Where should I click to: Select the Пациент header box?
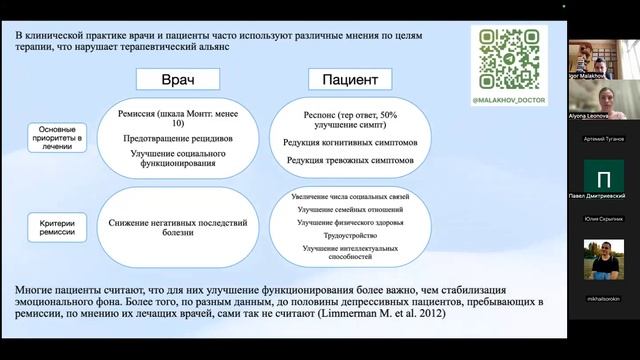point(346,80)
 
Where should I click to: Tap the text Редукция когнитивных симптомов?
point(345,143)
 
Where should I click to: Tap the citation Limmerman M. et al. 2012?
point(361,315)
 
